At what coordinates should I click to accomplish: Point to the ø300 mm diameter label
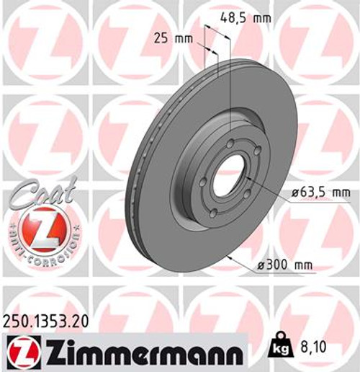pyautogui.click(x=286, y=265)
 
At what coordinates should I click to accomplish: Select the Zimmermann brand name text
pyautogui.click(x=141, y=353)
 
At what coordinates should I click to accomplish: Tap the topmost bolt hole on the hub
pyautogui.click(x=229, y=144)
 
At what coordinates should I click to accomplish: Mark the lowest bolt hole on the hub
pyautogui.click(x=214, y=211)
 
